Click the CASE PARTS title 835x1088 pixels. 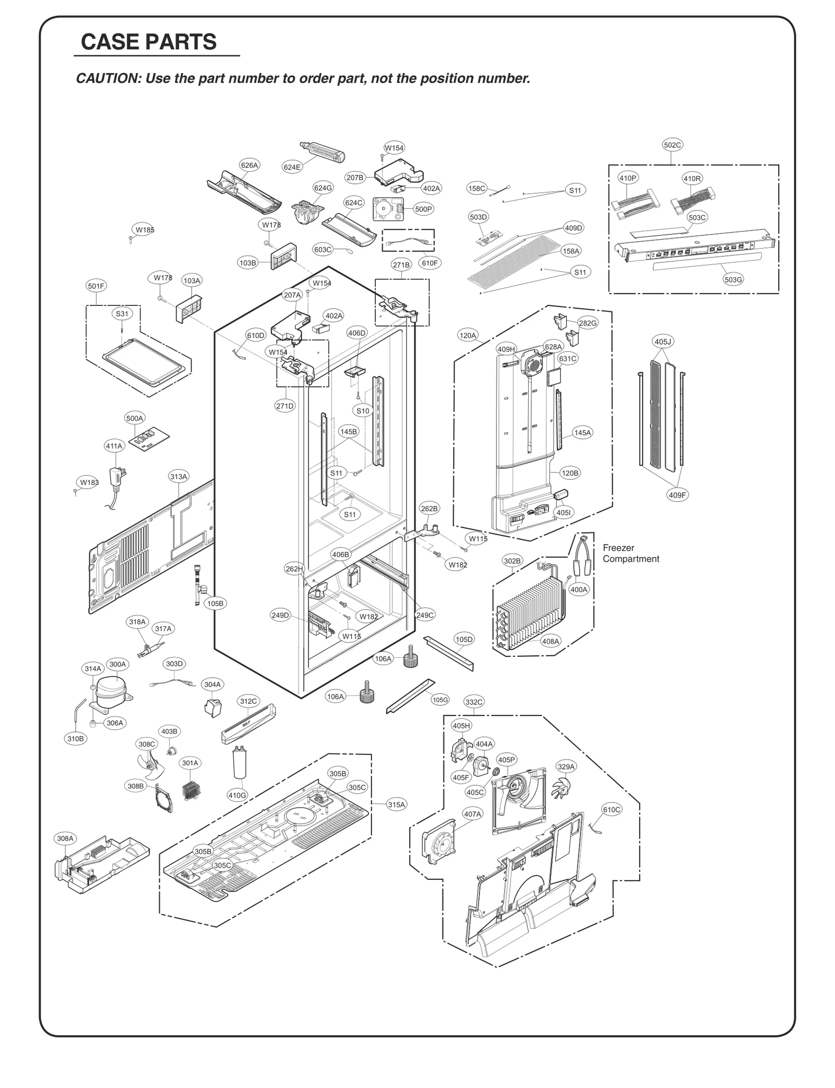coord(149,42)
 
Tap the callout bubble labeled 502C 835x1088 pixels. coord(672,145)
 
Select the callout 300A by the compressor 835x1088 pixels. coord(117,664)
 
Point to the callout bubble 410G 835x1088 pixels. coord(237,795)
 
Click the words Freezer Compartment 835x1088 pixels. coord(630,553)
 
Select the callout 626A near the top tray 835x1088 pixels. coord(249,165)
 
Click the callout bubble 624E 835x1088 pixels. coord(292,167)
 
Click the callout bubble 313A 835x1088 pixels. coord(178,476)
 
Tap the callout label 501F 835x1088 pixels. coord(96,286)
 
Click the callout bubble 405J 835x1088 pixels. coord(663,342)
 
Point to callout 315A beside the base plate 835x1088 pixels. coord(396,805)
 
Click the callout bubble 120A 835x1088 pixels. coord(468,335)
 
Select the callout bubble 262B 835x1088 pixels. coord(429,508)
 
